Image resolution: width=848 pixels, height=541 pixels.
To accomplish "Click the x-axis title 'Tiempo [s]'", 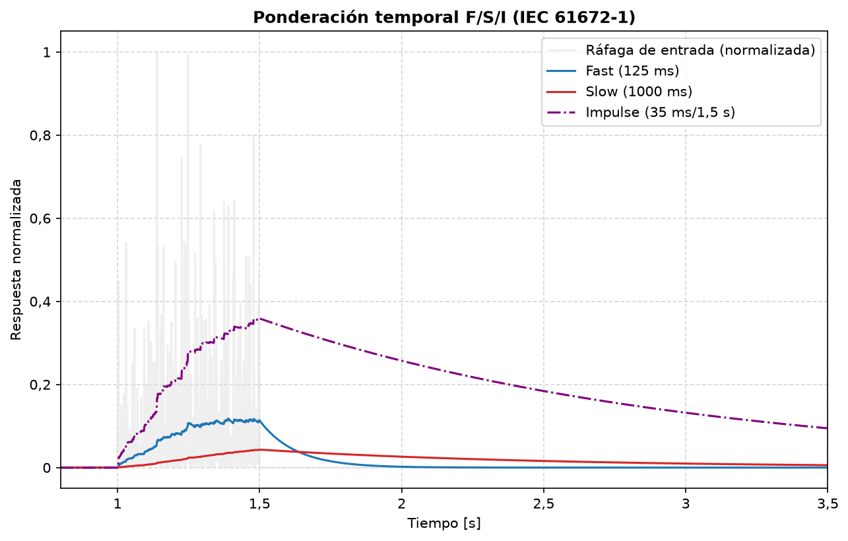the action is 443,523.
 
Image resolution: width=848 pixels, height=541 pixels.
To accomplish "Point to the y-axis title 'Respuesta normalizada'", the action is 16,260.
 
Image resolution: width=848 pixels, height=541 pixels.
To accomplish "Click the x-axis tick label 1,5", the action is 259,504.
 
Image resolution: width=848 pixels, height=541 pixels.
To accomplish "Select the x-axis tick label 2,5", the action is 544,504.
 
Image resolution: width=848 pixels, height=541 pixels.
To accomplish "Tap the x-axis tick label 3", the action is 686,504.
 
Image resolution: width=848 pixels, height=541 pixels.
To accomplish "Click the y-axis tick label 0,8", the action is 40,135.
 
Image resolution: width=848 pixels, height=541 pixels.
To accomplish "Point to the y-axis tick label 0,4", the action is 40,302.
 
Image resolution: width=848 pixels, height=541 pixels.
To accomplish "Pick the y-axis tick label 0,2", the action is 40,385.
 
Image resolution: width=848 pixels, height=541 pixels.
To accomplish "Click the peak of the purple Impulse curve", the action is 259,319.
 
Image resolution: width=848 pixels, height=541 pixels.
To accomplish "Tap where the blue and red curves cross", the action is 298,452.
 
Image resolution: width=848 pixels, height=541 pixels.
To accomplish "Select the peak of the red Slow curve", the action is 260,450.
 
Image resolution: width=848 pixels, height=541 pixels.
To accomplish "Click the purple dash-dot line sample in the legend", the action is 562,112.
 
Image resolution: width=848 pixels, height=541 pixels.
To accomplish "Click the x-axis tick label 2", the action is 402,504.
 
